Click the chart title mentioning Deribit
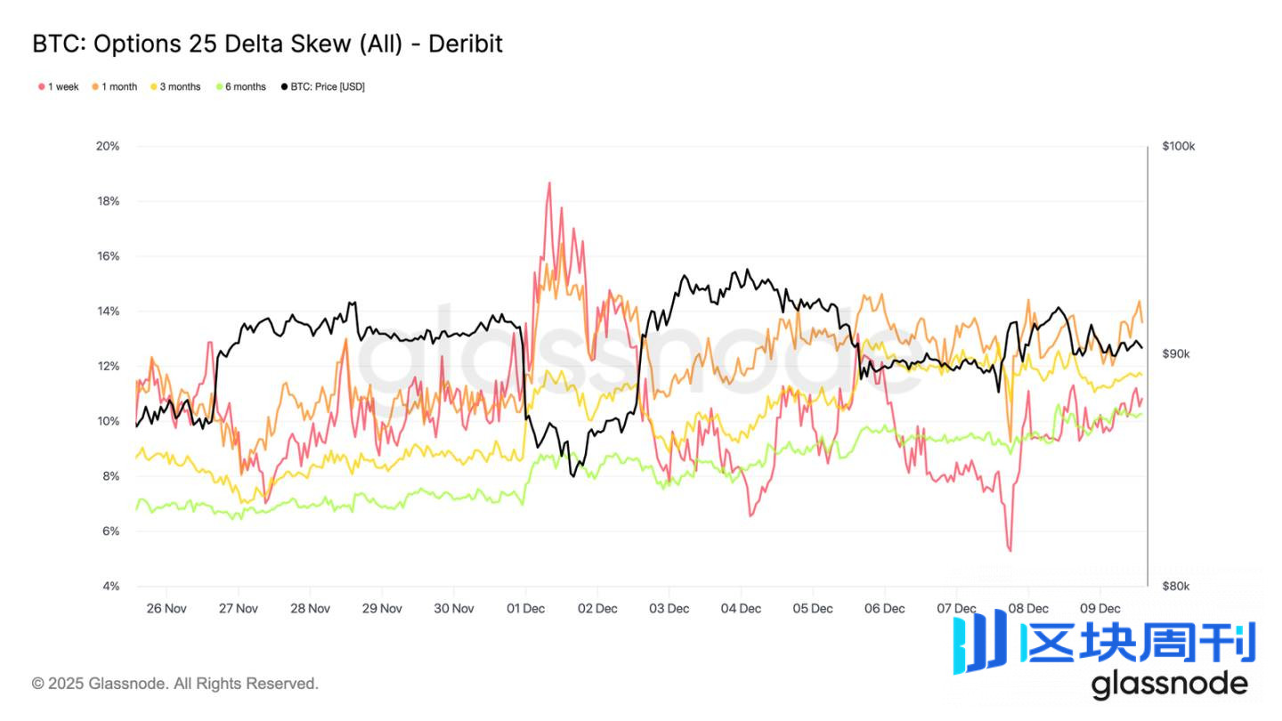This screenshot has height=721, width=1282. point(267,43)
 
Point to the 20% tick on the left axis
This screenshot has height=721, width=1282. point(108,146)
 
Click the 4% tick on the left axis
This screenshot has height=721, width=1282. point(110,587)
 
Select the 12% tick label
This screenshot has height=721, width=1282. point(108,367)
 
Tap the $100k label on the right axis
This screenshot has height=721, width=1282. point(1178,146)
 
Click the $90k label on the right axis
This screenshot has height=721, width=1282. point(1175,353)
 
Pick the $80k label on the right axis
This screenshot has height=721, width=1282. point(1175,586)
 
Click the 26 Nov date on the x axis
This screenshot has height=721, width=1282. point(166,609)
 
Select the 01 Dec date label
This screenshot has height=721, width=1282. point(525,609)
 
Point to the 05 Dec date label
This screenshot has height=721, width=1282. point(812,609)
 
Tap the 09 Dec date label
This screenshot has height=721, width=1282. point(1099,609)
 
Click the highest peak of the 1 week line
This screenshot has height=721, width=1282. point(549,182)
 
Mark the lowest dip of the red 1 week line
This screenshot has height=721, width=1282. point(1010,551)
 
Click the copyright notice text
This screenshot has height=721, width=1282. point(174,684)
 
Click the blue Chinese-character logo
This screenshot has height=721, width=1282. point(1104,643)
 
